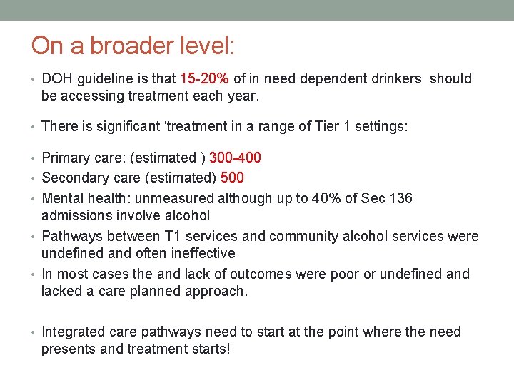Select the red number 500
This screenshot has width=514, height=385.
click(232, 178)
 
